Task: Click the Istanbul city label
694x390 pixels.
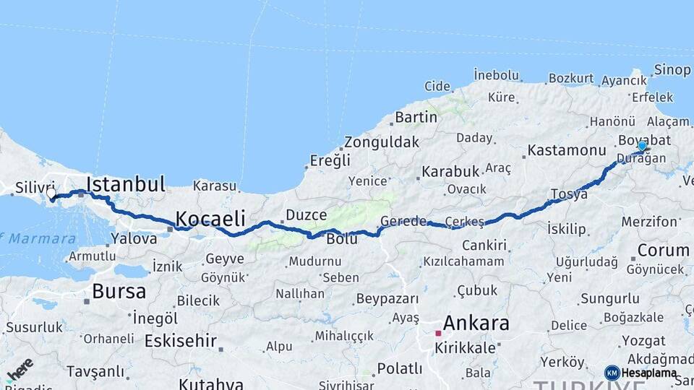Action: [126, 183]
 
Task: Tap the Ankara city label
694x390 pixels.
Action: [476, 323]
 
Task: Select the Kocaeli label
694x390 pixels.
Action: [210, 218]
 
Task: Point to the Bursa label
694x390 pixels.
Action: [119, 292]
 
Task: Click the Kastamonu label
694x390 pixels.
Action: [566, 151]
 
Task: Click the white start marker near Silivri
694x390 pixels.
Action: [51, 194]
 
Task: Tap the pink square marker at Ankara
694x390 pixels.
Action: [437, 334]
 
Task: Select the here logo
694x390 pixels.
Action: [20, 370]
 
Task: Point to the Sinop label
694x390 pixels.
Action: [672, 70]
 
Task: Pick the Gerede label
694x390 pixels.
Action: [403, 221]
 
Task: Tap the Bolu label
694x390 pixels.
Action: [342, 239]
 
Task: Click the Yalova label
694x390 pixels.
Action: [134, 238]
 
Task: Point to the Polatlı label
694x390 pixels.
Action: [399, 369]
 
